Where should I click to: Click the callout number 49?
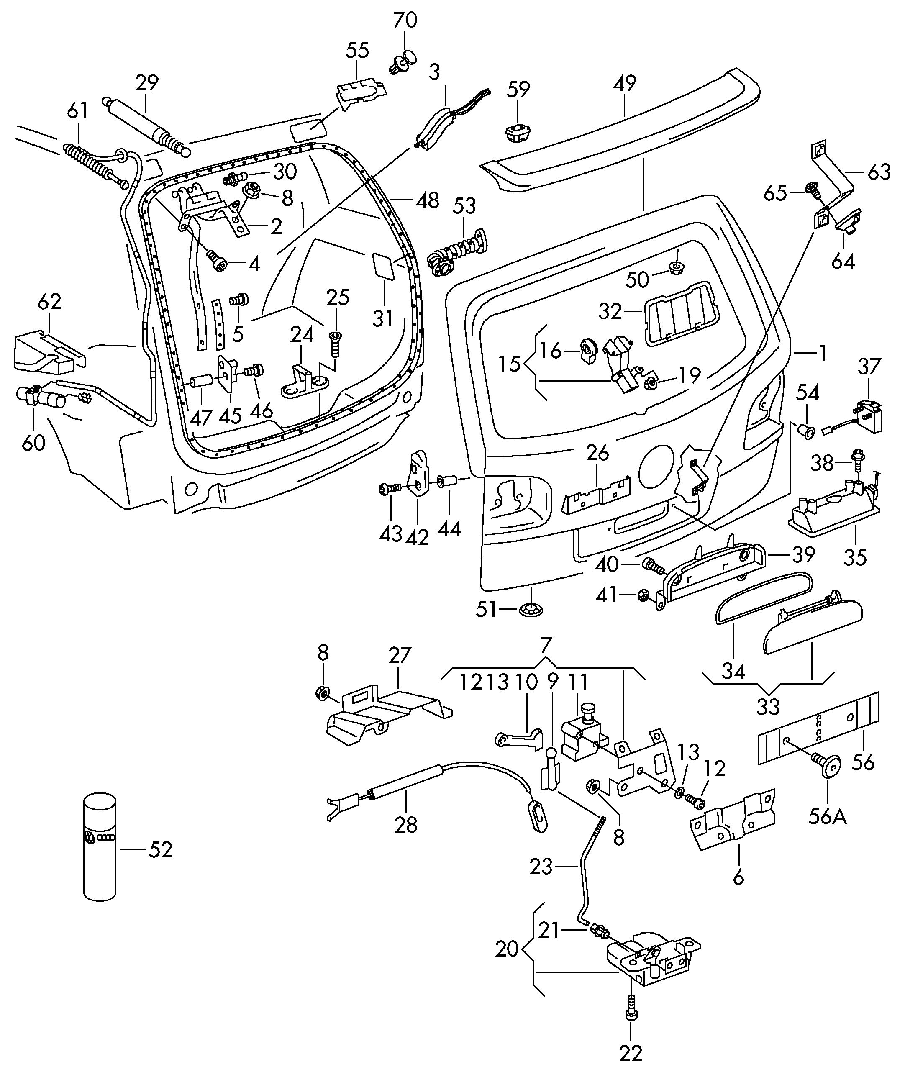[625, 83]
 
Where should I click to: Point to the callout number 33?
[768, 707]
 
